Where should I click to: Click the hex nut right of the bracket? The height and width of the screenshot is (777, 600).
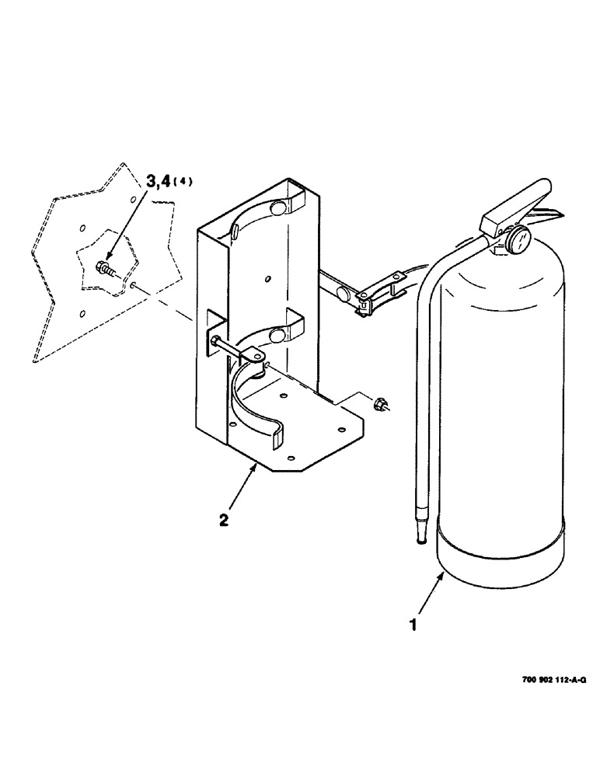point(380,403)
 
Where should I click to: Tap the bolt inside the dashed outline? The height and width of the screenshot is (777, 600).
point(104,269)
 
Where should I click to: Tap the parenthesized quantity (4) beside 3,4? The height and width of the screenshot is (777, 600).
point(183,182)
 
